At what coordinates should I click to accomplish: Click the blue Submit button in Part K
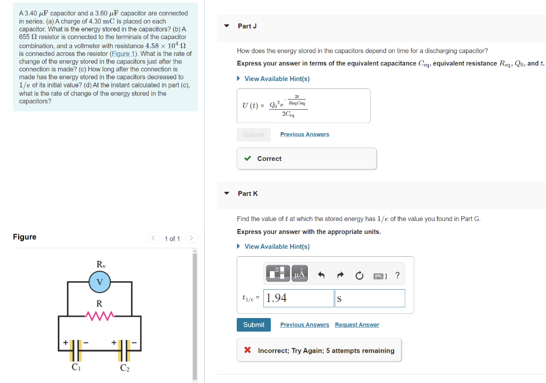coord(253,325)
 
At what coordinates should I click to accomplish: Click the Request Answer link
coord(357,325)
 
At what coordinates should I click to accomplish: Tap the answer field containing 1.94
coord(299,298)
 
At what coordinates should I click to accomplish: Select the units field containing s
coord(370,298)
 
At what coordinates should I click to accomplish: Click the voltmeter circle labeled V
coord(99,282)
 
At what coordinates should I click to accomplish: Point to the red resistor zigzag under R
coord(99,316)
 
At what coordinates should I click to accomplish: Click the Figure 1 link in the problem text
coord(123,54)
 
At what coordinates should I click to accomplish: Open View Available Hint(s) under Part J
coord(276,79)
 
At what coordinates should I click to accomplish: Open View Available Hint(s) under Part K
coord(276,247)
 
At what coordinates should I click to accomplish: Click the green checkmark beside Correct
coord(247,159)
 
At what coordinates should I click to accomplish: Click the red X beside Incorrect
coord(247,351)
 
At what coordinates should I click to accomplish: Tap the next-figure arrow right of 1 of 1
coord(192,238)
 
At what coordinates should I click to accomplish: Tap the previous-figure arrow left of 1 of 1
coord(153,238)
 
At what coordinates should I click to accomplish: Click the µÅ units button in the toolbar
coord(299,274)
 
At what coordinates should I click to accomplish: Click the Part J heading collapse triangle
coord(227,26)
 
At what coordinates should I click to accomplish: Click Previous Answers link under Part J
coord(304,134)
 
